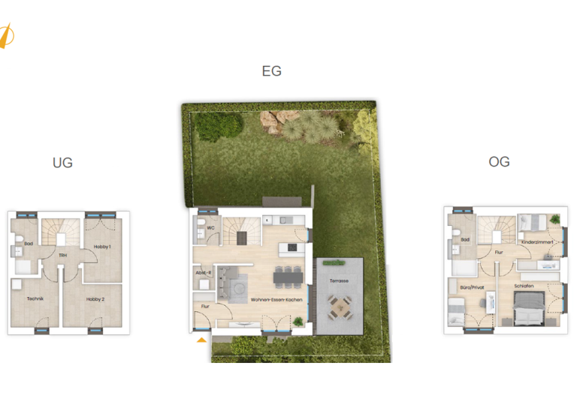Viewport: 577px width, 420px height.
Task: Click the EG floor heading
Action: pyautogui.click(x=271, y=71)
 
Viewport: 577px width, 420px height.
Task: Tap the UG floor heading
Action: pyautogui.click(x=62, y=162)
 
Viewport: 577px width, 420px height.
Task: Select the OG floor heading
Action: pyautogui.click(x=499, y=161)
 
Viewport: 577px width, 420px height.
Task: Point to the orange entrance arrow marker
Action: pyautogui.click(x=201, y=339)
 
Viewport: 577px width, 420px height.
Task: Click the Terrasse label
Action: pyautogui.click(x=339, y=280)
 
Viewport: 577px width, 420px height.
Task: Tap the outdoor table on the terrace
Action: pyautogui.click(x=338, y=306)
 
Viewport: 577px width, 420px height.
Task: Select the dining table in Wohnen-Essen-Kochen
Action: pyautogui.click(x=289, y=277)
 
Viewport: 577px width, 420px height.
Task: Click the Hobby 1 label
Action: pyautogui.click(x=103, y=247)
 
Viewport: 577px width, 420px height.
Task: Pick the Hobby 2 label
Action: pyautogui.click(x=95, y=299)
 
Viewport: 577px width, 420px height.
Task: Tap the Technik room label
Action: pyautogui.click(x=34, y=299)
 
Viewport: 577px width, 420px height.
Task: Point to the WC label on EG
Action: pyautogui.click(x=211, y=227)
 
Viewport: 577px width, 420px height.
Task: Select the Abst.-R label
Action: pyautogui.click(x=203, y=273)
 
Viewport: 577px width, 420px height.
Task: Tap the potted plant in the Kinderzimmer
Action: pyautogui.click(x=554, y=220)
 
